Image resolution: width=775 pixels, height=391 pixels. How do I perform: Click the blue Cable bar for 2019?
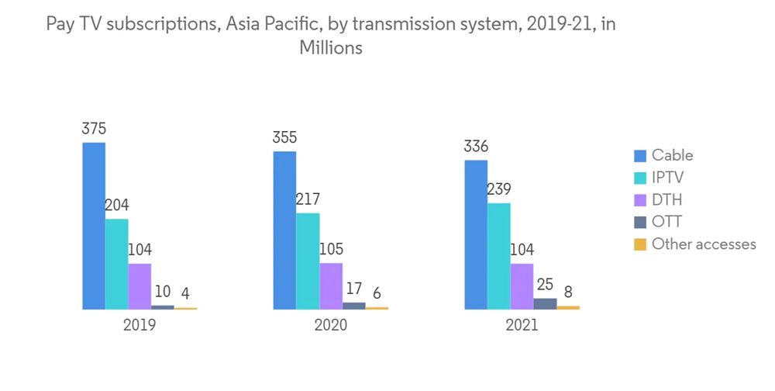[94, 226]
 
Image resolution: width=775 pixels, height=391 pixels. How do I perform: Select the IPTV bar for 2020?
[308, 261]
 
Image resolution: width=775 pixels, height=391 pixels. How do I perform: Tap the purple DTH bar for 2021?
[522, 286]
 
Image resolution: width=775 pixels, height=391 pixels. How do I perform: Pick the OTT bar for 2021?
[545, 303]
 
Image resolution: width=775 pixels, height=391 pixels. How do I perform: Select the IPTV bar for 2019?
[117, 264]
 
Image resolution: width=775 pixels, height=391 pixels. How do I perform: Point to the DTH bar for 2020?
[331, 285]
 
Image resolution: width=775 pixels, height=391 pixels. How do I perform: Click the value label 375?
[94, 129]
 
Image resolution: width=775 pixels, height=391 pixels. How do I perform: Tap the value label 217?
[308, 199]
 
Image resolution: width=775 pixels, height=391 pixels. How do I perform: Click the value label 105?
[331, 250]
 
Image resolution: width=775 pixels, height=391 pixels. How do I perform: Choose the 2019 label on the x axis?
[139, 325]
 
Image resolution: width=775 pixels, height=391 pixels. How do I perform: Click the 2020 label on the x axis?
[331, 325]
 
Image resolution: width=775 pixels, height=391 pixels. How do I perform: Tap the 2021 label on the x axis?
[522, 325]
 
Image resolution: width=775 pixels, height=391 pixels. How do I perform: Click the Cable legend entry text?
[672, 155]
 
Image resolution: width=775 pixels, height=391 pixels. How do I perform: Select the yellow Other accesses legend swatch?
[640, 244]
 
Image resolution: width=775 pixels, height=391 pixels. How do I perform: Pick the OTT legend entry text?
[666, 222]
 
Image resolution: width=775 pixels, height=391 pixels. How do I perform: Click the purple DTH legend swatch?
[640, 200]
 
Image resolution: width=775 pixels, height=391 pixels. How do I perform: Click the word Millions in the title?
[331, 47]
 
